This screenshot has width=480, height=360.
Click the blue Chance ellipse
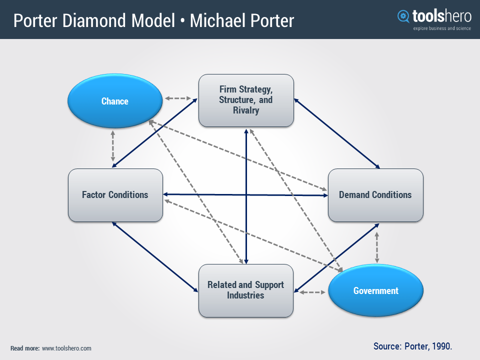point(115,101)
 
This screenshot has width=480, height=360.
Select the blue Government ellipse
point(375,290)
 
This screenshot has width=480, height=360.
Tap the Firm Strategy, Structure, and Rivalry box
point(245,100)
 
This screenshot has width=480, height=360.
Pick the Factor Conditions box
point(115,195)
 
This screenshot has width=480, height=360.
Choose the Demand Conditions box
point(375,195)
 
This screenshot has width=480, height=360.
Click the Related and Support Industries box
point(245,290)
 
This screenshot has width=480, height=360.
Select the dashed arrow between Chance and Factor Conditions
point(113,146)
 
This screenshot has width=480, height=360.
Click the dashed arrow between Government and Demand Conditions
point(377,247)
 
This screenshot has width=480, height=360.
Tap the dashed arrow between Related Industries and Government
point(311,291)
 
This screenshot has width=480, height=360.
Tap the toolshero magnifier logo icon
point(403,16)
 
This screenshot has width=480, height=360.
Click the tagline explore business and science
point(441,28)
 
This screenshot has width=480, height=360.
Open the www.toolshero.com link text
point(66,348)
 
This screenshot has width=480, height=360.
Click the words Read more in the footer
point(24,348)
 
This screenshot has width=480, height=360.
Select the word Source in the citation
point(387,346)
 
